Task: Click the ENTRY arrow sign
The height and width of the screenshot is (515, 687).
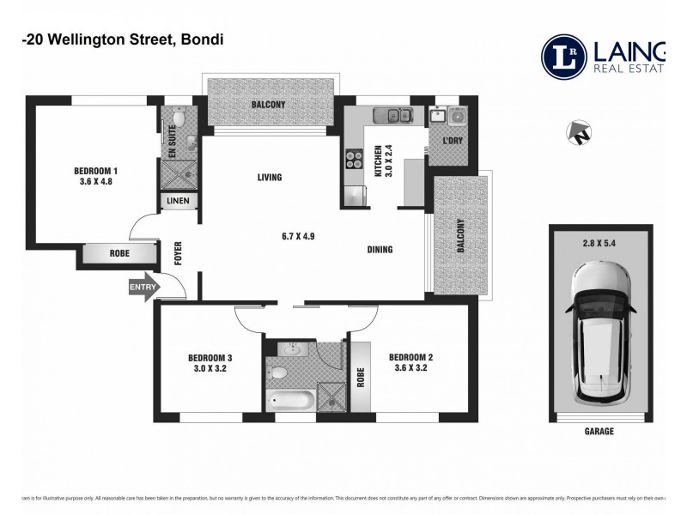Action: pyautogui.click(x=141, y=288)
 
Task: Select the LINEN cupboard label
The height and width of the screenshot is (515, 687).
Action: pyautogui.click(x=180, y=201)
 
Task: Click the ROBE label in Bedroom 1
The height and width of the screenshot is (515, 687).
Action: pyautogui.click(x=120, y=255)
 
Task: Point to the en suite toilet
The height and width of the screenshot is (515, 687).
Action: pyautogui.click(x=179, y=119)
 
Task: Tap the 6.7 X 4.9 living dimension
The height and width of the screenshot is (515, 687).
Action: pyautogui.click(x=297, y=236)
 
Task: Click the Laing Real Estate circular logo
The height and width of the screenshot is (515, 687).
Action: pyautogui.click(x=564, y=57)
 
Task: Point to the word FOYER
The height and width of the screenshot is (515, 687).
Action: pyautogui.click(x=179, y=256)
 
